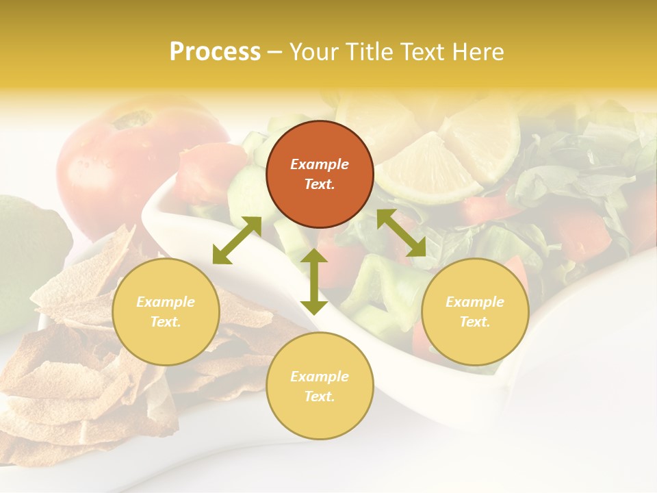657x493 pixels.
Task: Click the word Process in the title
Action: (215, 52)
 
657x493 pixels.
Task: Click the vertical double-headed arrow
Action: (314, 281)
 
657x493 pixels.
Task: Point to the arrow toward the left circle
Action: (237, 240)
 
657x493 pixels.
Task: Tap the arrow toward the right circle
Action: (402, 233)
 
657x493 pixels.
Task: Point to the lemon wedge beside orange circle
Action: (428, 168)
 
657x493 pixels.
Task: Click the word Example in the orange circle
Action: (320, 164)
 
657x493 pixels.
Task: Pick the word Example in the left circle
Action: (166, 302)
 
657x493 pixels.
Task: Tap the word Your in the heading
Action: (313, 52)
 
